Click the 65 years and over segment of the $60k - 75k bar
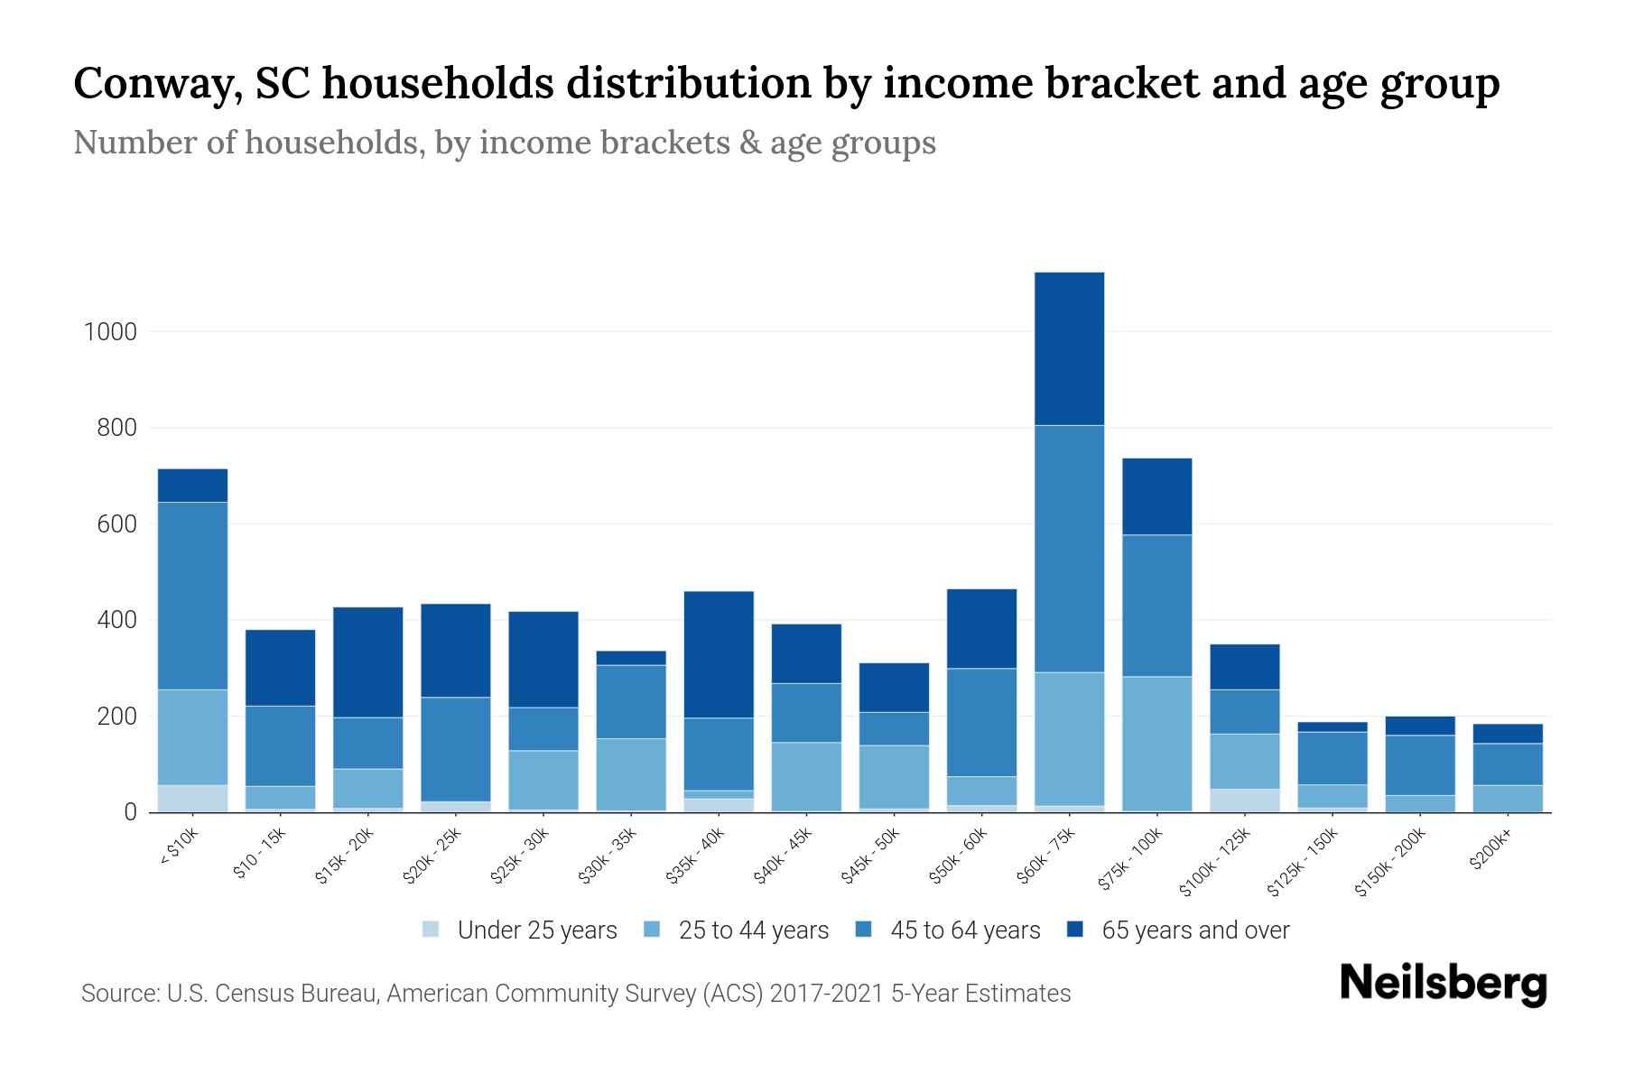click(1069, 348)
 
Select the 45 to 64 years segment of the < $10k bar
click(192, 596)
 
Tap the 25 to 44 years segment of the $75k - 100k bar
click(1156, 744)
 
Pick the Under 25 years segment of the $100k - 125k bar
click(1244, 801)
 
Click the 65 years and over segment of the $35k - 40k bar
click(719, 654)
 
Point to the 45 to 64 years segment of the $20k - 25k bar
click(456, 749)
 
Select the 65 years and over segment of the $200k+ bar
click(1508, 734)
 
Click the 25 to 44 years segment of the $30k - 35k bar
click(631, 774)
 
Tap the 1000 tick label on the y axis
click(110, 332)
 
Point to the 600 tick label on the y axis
click(116, 524)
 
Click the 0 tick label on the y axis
click(130, 812)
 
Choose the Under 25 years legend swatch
click(432, 930)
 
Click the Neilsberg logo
click(1443, 984)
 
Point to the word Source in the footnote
click(116, 994)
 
